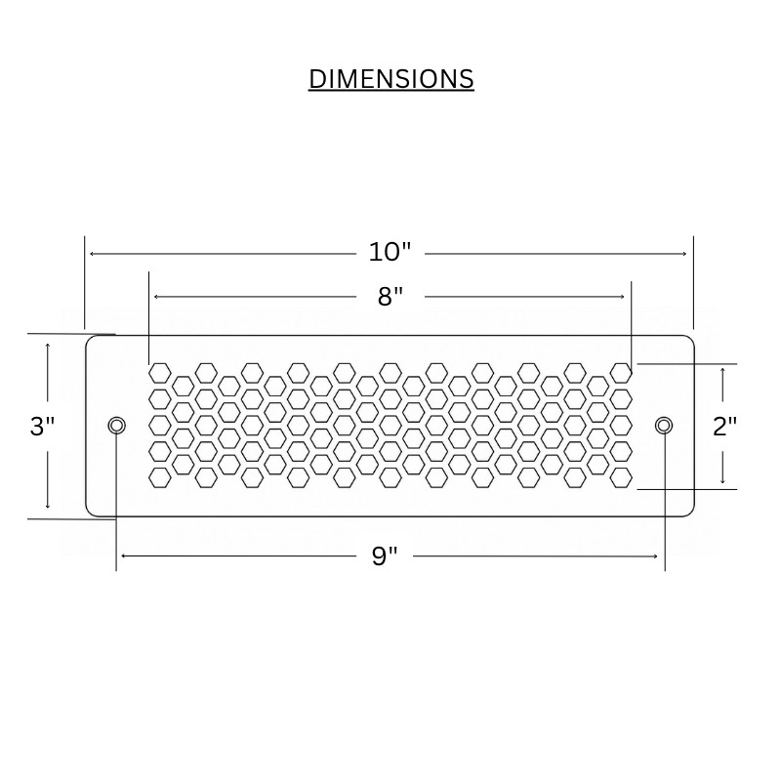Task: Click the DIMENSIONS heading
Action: coord(391,79)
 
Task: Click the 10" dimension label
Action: coord(390,252)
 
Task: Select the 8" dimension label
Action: coord(390,297)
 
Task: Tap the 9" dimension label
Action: coord(385,555)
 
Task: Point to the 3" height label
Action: coord(42,427)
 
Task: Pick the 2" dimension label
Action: coord(724,427)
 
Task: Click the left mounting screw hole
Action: coord(116,426)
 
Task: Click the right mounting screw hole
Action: coord(664,426)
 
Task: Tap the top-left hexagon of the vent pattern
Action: coord(160,373)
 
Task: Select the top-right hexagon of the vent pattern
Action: coord(621,373)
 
